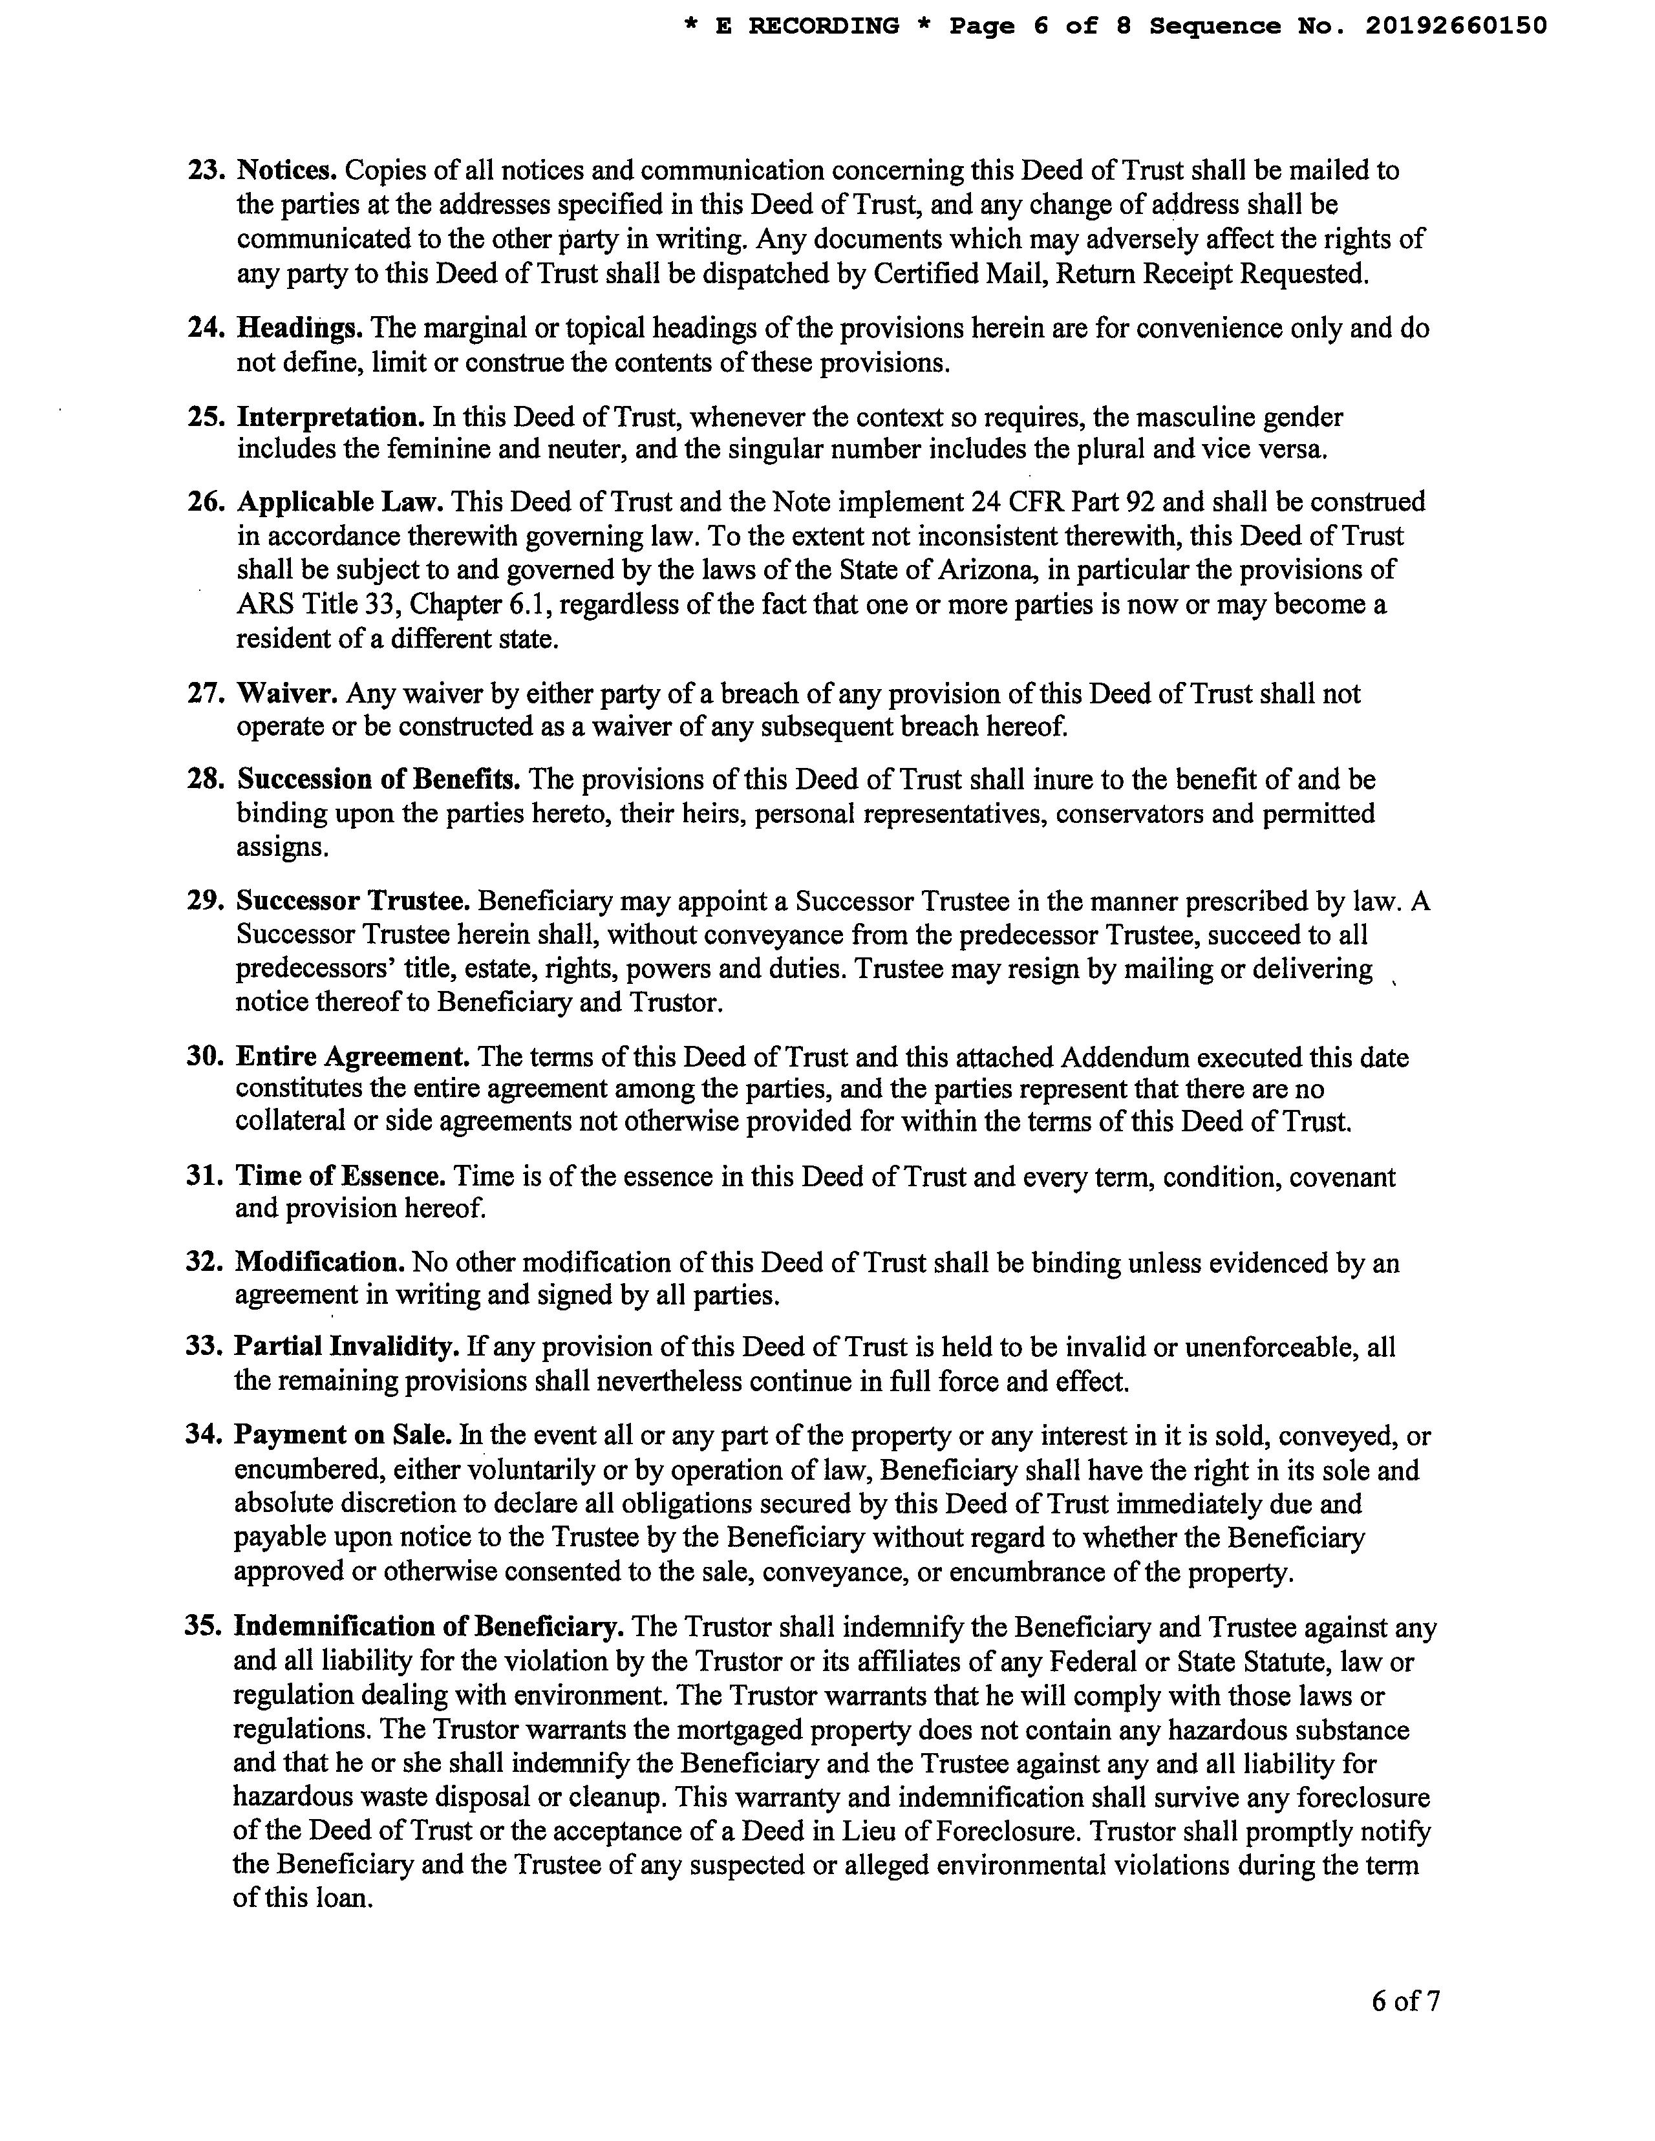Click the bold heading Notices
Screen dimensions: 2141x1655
point(288,171)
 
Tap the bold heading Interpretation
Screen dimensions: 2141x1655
point(330,418)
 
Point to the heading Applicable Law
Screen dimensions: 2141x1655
point(340,502)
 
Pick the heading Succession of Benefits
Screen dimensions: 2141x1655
point(378,780)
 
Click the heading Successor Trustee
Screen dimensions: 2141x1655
point(354,901)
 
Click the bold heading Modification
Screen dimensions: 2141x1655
point(319,1262)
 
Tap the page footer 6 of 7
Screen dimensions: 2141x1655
point(1405,2002)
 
